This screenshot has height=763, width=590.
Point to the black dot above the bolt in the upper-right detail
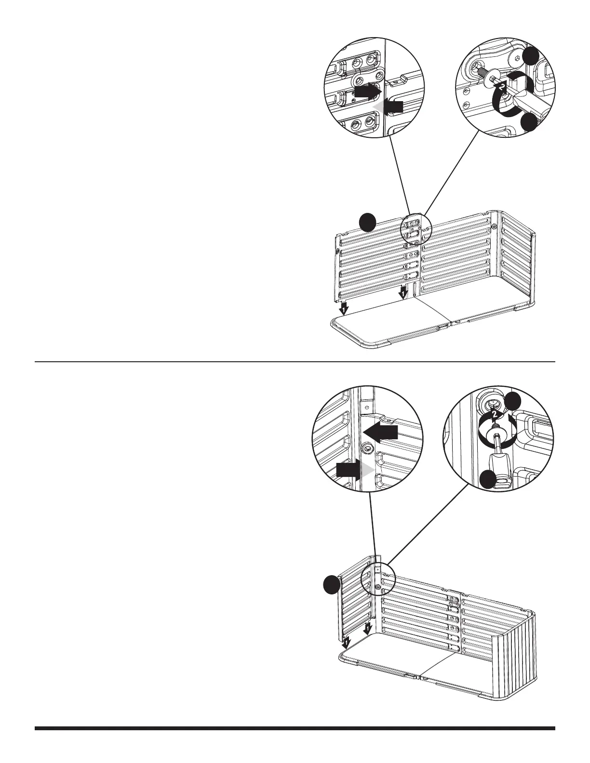pyautogui.click(x=532, y=57)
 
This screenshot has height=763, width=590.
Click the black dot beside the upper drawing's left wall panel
pyautogui.click(x=368, y=223)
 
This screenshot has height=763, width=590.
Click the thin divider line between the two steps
pyautogui.click(x=295, y=361)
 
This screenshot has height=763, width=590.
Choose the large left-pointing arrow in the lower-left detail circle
pyautogui.click(x=380, y=432)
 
